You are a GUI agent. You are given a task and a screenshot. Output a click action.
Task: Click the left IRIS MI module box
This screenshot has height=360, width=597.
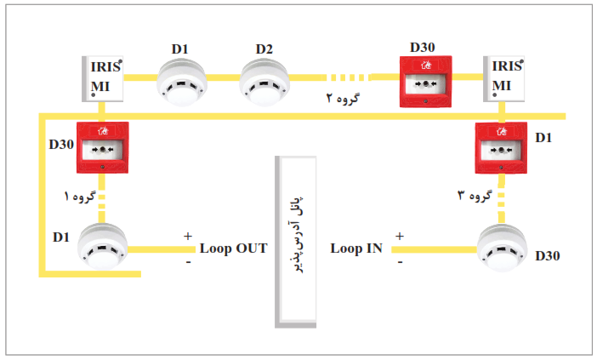[x=102, y=79]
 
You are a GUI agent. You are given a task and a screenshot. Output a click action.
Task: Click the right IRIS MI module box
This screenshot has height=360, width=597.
[x=503, y=79]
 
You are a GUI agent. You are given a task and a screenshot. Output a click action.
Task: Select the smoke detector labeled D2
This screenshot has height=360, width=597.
[x=264, y=82]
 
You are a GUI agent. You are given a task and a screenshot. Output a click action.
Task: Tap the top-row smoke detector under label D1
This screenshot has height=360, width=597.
[x=182, y=82]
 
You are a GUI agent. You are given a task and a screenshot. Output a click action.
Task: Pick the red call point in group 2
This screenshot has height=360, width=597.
[x=426, y=82]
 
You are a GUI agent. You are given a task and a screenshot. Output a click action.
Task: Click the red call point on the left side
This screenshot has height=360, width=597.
[x=102, y=147]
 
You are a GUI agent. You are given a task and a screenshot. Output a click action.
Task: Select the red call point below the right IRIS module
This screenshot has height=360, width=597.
[x=501, y=148]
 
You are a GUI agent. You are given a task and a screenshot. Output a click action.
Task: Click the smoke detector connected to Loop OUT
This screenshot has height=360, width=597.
[x=102, y=247]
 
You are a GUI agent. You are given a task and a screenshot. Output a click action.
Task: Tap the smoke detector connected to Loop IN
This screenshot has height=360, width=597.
[x=503, y=249]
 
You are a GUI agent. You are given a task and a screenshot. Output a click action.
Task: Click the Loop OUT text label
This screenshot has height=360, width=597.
[x=233, y=249]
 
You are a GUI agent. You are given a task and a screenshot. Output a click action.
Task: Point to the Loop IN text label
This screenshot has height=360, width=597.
[x=356, y=249]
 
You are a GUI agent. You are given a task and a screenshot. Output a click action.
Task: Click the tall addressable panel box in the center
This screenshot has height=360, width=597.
[x=295, y=242]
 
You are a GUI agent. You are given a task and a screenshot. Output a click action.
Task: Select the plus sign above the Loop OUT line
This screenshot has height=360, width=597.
[x=188, y=237]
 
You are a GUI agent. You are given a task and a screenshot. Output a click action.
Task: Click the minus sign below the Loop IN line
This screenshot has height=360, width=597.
[x=400, y=262]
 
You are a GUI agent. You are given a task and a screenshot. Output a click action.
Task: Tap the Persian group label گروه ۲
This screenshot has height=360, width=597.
[x=343, y=98]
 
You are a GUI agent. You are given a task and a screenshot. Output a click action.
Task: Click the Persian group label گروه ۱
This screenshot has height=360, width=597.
[x=80, y=197]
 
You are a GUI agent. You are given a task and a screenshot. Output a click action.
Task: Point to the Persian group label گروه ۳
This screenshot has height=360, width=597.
[x=475, y=196]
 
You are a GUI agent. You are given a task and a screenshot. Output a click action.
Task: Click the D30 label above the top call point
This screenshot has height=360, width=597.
[x=423, y=48]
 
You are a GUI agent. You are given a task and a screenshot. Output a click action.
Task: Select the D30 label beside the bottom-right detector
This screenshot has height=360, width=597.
[x=548, y=256]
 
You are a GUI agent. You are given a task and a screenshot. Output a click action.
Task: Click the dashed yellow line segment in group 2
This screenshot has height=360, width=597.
[x=349, y=77]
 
